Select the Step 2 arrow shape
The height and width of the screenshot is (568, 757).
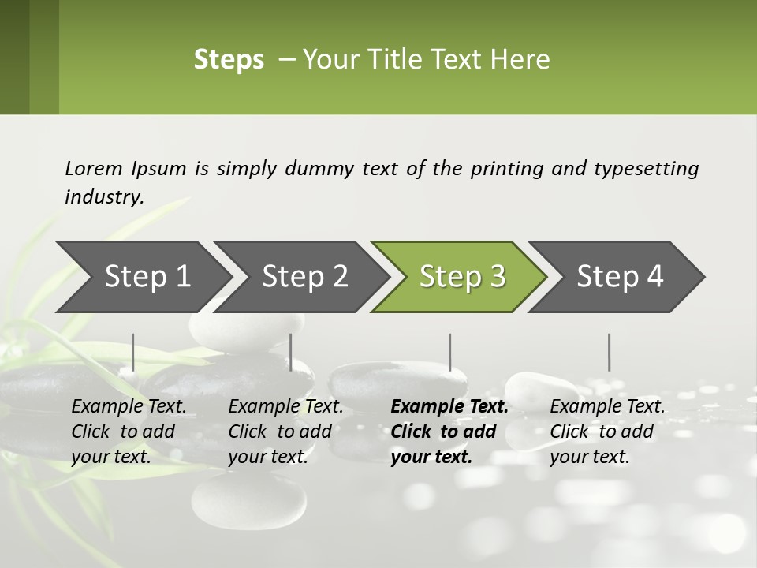(304, 276)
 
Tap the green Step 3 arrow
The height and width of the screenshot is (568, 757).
(462, 276)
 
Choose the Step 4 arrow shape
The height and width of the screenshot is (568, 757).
(620, 276)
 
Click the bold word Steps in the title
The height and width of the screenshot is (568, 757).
(229, 60)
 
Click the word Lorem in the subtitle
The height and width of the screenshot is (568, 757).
(94, 168)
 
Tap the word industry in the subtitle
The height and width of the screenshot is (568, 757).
(103, 197)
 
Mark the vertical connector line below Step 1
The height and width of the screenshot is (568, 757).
(133, 352)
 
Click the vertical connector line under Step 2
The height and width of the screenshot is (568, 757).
(291, 352)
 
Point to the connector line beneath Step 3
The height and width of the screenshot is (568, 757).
(449, 352)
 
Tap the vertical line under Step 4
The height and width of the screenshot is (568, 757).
(609, 352)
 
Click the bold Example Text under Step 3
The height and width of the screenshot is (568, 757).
(449, 406)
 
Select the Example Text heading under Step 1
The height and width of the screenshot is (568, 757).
(129, 406)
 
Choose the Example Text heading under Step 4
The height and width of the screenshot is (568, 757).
(607, 406)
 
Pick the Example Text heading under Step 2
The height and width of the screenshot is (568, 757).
(285, 406)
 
